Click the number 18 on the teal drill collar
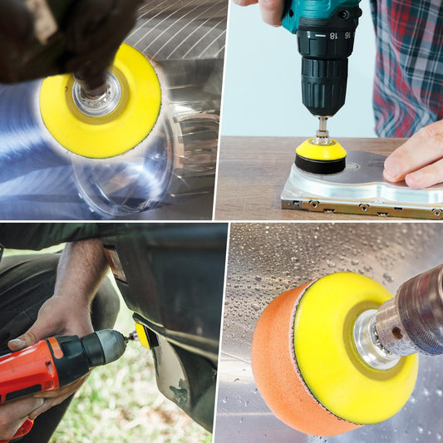tap(333, 36)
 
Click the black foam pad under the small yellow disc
tap(320, 164)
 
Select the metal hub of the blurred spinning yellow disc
tap(96, 94)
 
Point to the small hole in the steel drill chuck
tap(397, 332)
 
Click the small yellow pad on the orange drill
tap(143, 336)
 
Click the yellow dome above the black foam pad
tap(321, 150)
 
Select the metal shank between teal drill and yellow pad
tap(322, 129)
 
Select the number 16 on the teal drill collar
tap(347, 35)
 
